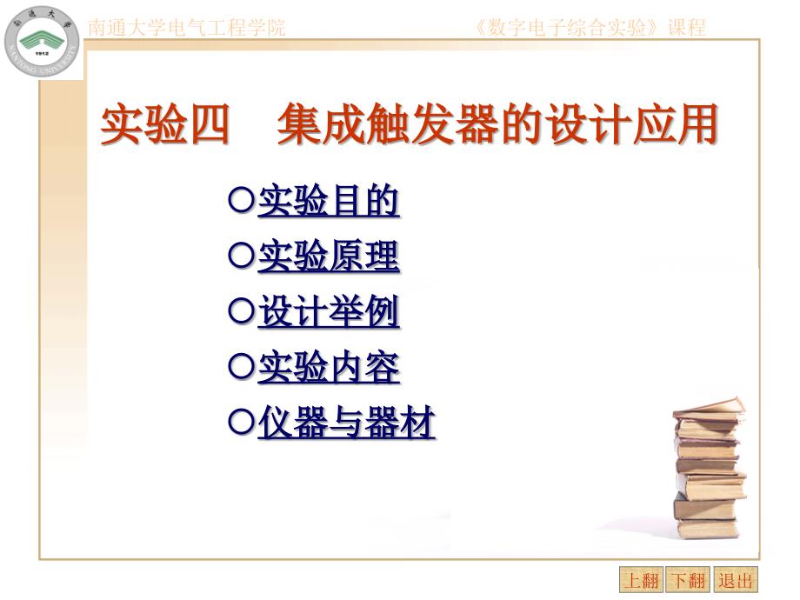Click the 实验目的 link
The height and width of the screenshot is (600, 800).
(329, 202)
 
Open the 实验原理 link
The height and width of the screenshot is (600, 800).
(329, 257)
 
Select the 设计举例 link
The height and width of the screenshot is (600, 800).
(329, 313)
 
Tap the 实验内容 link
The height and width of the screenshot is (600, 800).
(329, 369)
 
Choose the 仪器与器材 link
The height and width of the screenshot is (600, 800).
(346, 424)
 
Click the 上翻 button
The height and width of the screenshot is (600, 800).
(641, 580)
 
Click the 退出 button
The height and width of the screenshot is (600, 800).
(737, 580)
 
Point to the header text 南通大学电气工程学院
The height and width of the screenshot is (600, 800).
(186, 27)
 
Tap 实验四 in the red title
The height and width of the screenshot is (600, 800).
(165, 126)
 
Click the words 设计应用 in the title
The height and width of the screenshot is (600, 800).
(630, 126)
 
